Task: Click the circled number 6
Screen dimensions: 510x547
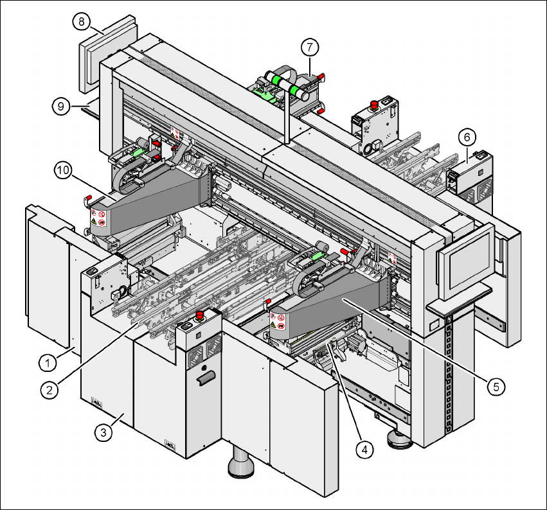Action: coord(467,136)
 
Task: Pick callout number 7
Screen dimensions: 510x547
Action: coord(310,47)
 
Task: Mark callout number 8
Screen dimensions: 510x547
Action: coord(81,21)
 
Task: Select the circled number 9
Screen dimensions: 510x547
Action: coord(60,105)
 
